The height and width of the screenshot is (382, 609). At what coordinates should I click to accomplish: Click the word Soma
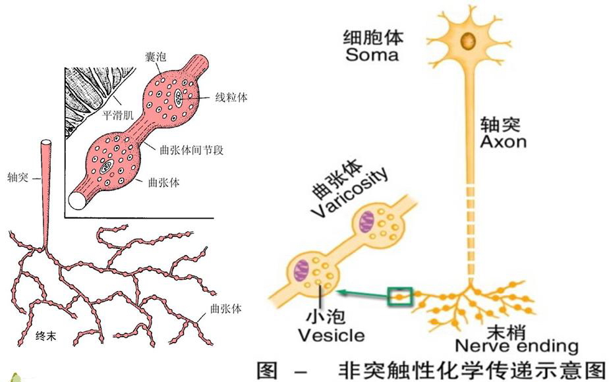(x=372, y=54)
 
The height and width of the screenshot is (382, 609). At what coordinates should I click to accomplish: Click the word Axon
(x=504, y=141)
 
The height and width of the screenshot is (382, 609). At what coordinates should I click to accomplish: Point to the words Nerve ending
(x=517, y=346)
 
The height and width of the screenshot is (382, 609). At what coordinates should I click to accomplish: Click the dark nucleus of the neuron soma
(x=469, y=41)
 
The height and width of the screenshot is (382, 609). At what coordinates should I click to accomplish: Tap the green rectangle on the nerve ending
(x=400, y=297)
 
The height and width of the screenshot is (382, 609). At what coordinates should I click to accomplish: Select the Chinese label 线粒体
(x=231, y=97)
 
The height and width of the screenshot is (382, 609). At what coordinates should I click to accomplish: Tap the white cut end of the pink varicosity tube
(x=78, y=200)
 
